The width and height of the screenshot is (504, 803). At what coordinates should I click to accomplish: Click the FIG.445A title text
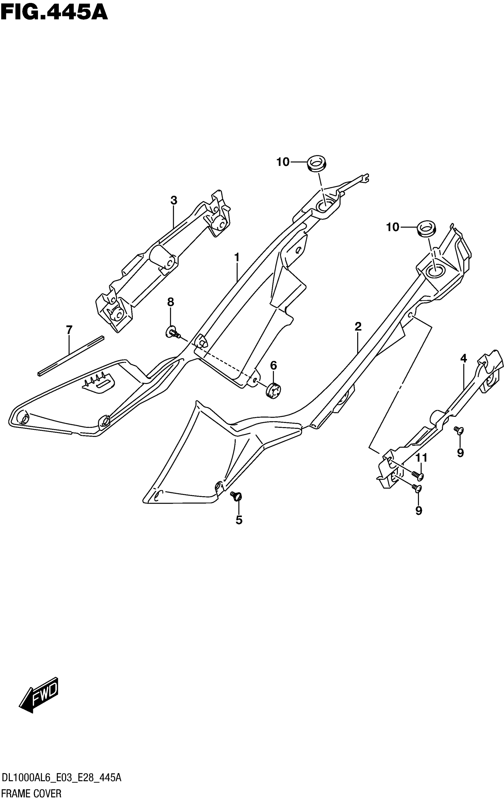pos(54,13)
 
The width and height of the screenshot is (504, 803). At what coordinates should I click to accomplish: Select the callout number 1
pos(237,258)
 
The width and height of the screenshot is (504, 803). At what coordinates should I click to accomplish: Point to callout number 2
pos(358,327)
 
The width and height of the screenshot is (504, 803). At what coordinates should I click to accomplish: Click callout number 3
pos(174,201)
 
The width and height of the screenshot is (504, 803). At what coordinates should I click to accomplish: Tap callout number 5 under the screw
pos(239,520)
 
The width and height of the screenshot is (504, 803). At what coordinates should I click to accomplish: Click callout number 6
pos(273,365)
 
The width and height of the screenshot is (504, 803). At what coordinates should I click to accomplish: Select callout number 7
pos(69,330)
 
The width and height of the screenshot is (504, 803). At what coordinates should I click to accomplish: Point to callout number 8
pos(170,302)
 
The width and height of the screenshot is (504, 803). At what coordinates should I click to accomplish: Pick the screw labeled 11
pos(417,475)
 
